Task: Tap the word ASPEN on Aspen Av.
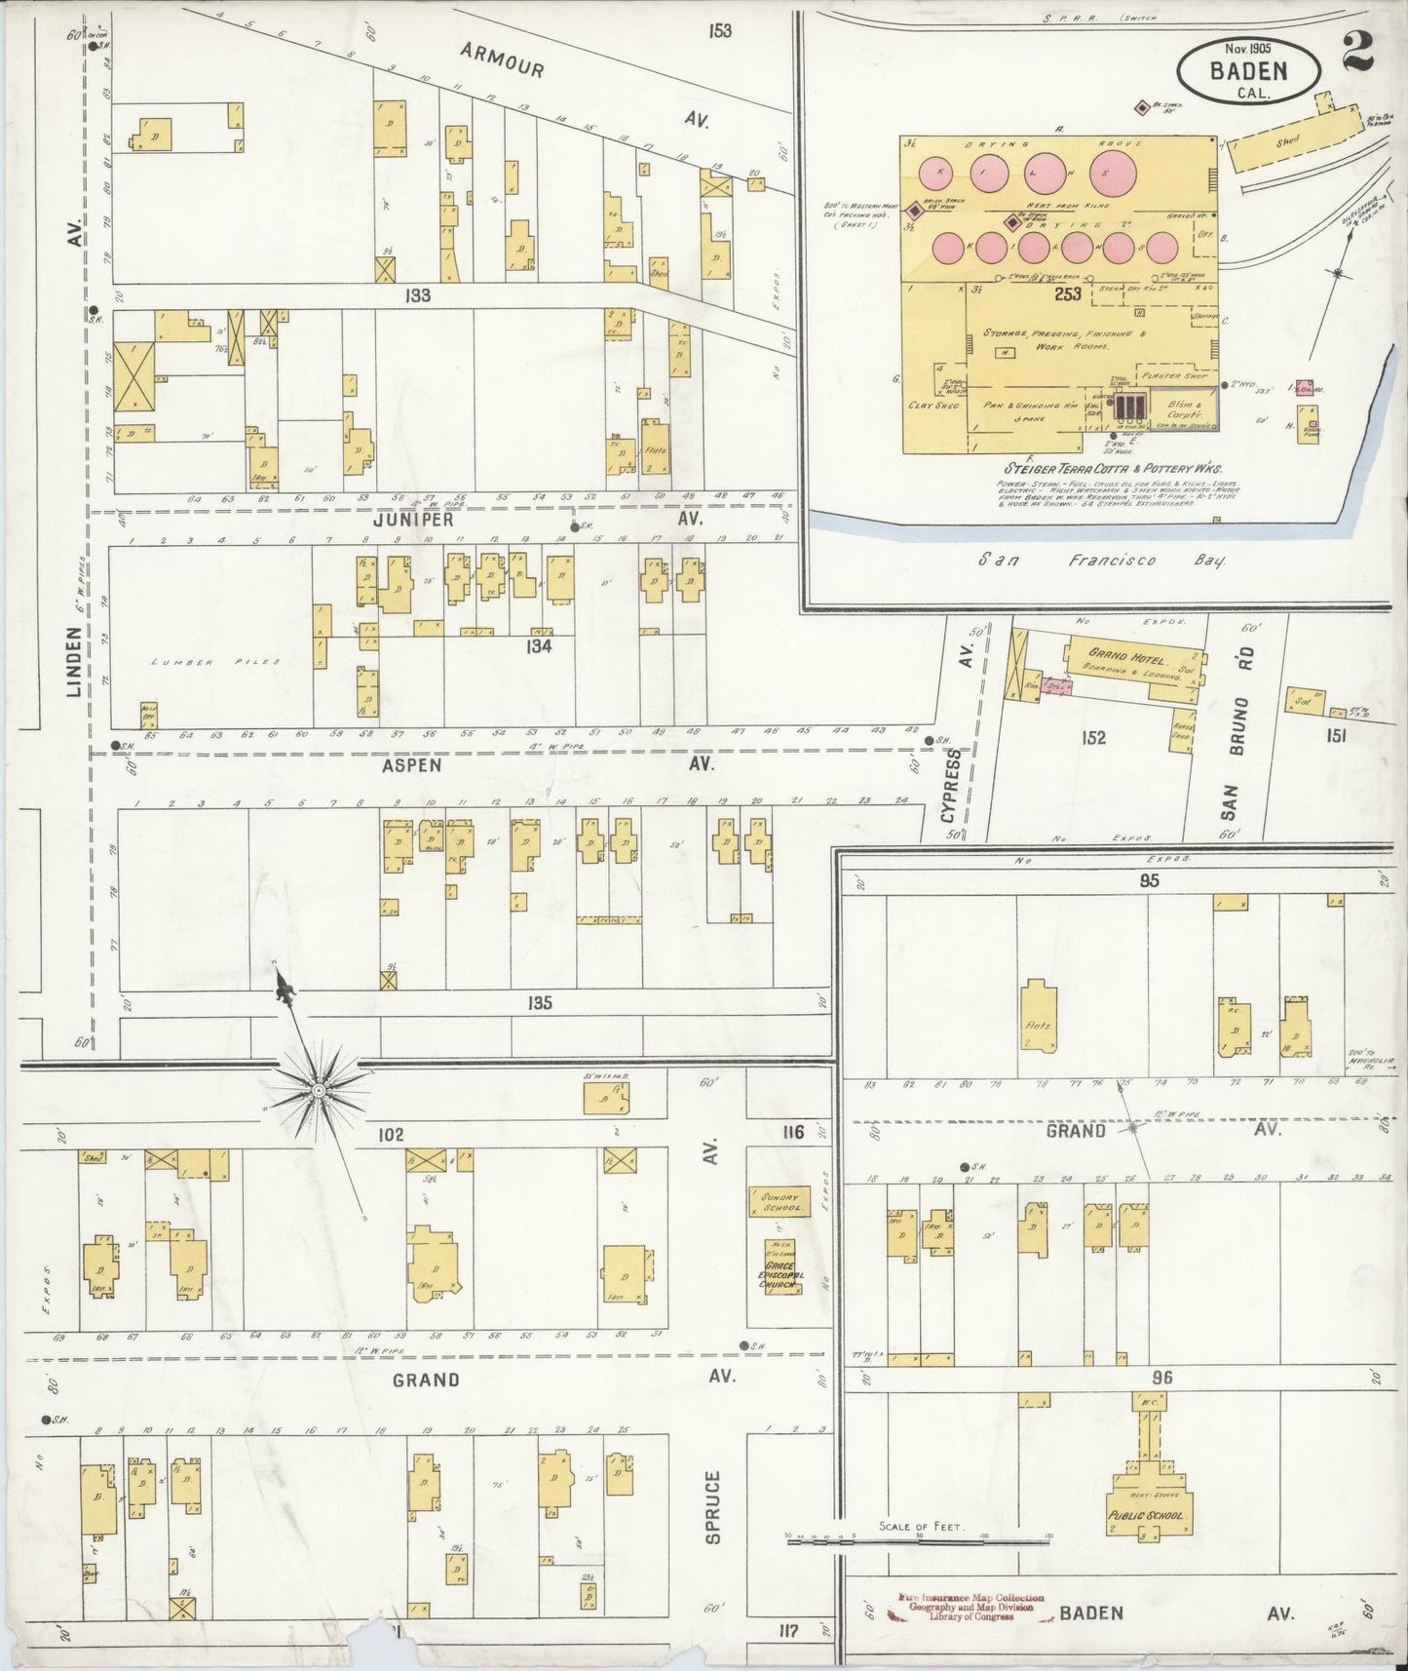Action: click(x=412, y=766)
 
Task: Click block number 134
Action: click(x=538, y=644)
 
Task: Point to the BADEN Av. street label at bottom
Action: click(x=1090, y=1613)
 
